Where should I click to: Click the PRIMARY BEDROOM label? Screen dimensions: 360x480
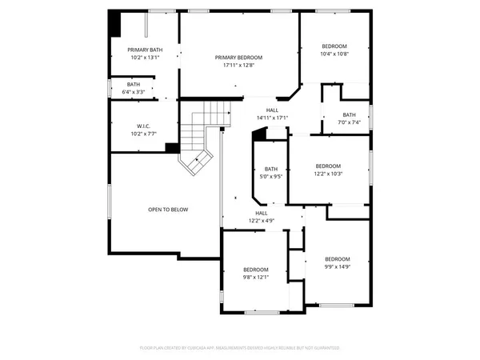coord(238,58)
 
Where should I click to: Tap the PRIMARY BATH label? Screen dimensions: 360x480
coord(145,50)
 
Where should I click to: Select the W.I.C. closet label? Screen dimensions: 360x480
coord(144,126)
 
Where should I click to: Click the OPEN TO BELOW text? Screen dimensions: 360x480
coord(168,210)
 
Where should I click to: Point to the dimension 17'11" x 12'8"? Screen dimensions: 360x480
coord(238,66)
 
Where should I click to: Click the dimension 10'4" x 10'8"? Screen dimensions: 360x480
coord(335,54)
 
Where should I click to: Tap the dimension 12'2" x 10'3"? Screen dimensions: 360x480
coord(328,174)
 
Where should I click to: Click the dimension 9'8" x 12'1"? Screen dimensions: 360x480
coord(256,277)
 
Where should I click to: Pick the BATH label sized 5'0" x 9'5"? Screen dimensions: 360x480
coord(271,169)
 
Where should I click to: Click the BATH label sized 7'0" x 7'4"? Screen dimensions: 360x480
coord(350,114)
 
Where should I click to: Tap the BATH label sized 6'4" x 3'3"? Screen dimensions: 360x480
coord(133,84)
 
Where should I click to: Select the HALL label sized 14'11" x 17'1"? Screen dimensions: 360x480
coord(272,110)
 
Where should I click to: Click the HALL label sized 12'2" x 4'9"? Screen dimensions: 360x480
coord(262,213)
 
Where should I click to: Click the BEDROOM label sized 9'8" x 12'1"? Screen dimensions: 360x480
coord(256,269)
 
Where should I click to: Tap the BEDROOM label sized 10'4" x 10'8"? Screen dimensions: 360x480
coord(335,46)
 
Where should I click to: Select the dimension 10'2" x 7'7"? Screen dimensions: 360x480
coord(144,134)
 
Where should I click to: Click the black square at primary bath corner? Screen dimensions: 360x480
coord(114,21)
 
